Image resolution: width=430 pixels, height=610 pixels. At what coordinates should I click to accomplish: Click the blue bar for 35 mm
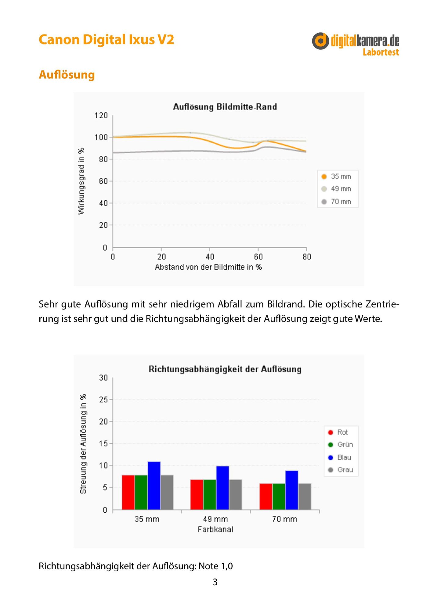[x=154, y=486]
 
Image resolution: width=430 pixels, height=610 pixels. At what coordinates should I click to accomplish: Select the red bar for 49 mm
[x=197, y=494]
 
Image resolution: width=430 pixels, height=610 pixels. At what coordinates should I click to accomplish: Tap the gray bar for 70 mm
[x=305, y=497]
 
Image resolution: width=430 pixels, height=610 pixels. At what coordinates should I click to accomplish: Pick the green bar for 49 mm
[x=210, y=494]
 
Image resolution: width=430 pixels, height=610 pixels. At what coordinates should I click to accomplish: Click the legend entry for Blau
[x=339, y=457]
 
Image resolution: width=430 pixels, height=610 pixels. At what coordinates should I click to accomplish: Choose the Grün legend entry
[x=340, y=445]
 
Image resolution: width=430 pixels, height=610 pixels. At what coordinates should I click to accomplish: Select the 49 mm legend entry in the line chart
[x=336, y=189]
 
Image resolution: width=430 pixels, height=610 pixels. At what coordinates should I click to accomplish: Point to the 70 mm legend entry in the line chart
[x=336, y=202]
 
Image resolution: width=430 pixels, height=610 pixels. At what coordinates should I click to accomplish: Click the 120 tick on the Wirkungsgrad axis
[x=101, y=116]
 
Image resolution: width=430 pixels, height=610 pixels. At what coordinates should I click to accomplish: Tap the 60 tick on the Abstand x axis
[x=258, y=257]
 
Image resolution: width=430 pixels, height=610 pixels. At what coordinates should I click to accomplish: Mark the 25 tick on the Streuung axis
[x=103, y=400]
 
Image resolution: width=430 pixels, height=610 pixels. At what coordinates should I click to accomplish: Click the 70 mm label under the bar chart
[x=284, y=519]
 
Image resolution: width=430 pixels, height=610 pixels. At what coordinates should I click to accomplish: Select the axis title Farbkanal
[x=215, y=529]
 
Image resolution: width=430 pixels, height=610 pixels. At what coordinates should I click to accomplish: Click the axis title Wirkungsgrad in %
[x=81, y=181]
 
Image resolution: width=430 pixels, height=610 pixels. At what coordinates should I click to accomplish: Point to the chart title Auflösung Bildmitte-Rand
[x=225, y=107]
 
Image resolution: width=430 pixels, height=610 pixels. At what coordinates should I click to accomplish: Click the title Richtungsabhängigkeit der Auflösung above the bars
[x=225, y=369]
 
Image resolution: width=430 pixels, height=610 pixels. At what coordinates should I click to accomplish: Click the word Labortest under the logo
[x=381, y=52]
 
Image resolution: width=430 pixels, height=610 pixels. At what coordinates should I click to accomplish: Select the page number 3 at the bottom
[x=215, y=582]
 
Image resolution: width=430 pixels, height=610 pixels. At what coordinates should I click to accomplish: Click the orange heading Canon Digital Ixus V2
[x=107, y=40]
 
